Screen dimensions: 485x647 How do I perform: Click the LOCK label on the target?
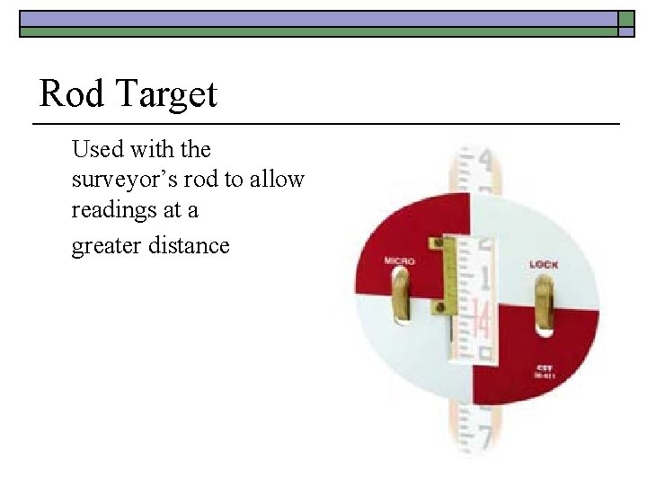pos(544,264)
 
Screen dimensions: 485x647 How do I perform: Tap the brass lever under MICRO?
pos(402,297)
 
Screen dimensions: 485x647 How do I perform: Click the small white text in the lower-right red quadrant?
pos(545,371)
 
